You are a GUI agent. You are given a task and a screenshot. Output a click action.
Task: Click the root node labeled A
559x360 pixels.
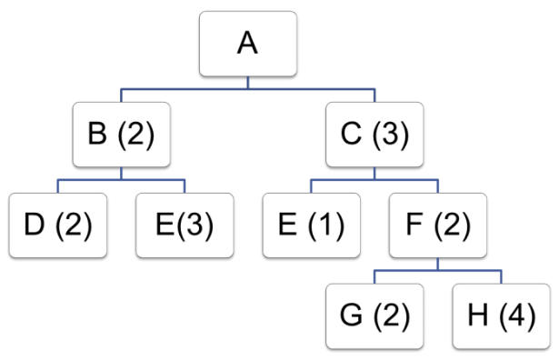(249, 44)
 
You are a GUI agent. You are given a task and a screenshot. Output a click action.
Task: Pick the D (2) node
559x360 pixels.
(59, 225)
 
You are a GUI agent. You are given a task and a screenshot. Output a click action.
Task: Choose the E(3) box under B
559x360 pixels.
(185, 225)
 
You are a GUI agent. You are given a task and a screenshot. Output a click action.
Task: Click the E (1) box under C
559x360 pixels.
(311, 225)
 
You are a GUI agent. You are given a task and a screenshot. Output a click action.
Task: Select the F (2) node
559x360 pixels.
(437, 225)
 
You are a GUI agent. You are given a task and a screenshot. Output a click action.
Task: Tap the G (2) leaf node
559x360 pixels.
(374, 316)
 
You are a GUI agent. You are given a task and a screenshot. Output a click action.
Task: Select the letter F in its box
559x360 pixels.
(416, 225)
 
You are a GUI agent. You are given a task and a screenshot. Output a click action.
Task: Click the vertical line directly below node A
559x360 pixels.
(249, 83)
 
